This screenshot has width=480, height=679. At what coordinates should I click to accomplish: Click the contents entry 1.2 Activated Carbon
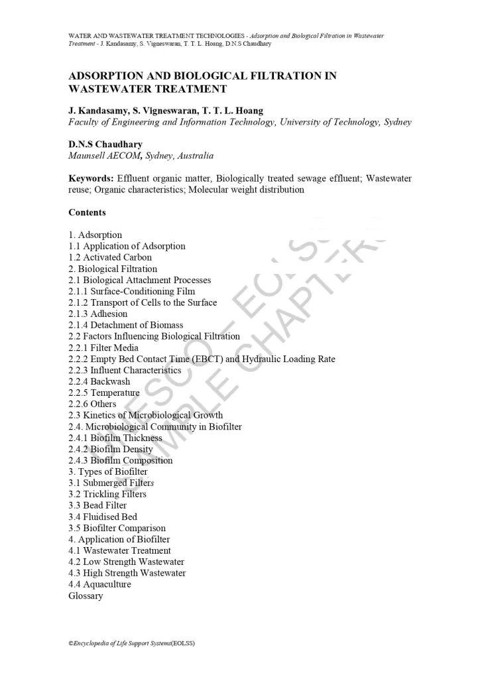point(110,257)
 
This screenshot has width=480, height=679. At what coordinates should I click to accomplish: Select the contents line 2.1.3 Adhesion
point(98,314)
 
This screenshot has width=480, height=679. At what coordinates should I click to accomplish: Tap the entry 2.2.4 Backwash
point(99,381)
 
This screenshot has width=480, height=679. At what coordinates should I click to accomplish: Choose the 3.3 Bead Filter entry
point(97,505)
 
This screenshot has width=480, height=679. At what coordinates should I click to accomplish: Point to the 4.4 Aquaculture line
point(99,584)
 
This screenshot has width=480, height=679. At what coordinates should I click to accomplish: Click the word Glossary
point(86,595)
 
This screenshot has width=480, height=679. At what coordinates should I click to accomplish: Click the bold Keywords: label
point(91,178)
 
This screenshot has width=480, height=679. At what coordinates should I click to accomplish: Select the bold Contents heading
point(87,213)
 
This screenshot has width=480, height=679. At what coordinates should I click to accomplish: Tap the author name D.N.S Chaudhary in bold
point(105,144)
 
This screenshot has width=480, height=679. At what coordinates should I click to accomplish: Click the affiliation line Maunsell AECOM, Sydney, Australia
point(141,156)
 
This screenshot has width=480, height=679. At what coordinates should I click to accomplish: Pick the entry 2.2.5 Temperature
point(104,393)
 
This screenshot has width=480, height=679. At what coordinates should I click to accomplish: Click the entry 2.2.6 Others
point(92,404)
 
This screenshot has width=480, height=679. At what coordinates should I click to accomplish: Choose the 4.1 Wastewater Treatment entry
point(119,550)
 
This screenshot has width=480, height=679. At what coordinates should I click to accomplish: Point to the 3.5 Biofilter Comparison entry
point(117,528)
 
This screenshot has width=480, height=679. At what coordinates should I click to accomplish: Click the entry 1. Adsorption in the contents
point(95,235)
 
